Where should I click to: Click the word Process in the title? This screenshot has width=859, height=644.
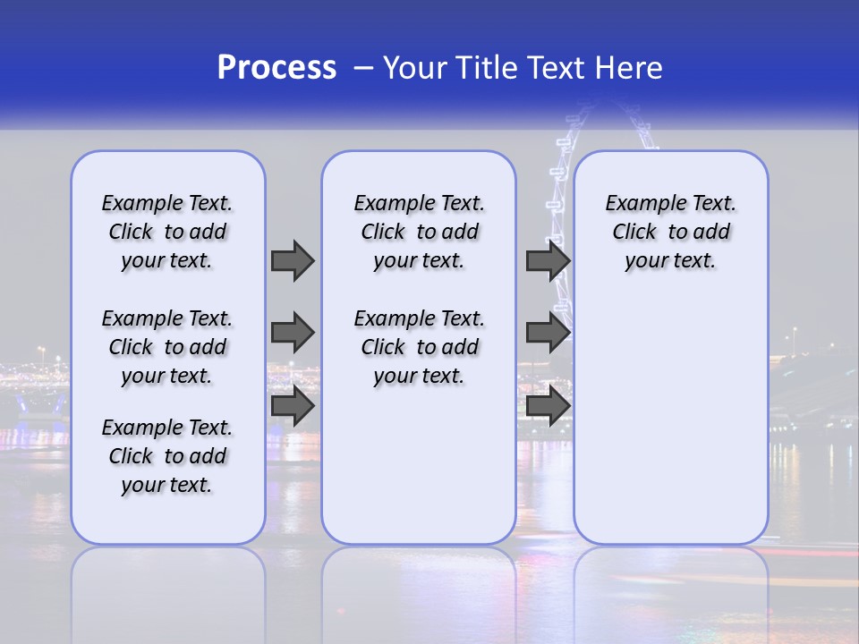click(276, 68)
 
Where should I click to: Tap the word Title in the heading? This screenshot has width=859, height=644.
click(488, 68)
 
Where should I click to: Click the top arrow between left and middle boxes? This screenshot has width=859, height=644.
click(293, 260)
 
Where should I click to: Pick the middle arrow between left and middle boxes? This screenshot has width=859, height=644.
click(293, 333)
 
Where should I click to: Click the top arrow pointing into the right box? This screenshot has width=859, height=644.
click(548, 260)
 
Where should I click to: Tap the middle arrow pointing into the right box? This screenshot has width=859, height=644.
click(548, 333)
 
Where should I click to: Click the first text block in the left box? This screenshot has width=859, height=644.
click(167, 232)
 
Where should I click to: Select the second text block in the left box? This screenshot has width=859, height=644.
click(167, 347)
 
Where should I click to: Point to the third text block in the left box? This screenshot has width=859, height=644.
click(167, 456)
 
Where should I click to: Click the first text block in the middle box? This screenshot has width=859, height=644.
click(420, 232)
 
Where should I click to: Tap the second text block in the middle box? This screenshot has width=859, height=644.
click(420, 347)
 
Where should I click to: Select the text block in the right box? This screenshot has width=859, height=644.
click(671, 232)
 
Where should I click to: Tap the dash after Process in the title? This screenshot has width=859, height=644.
click(363, 68)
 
